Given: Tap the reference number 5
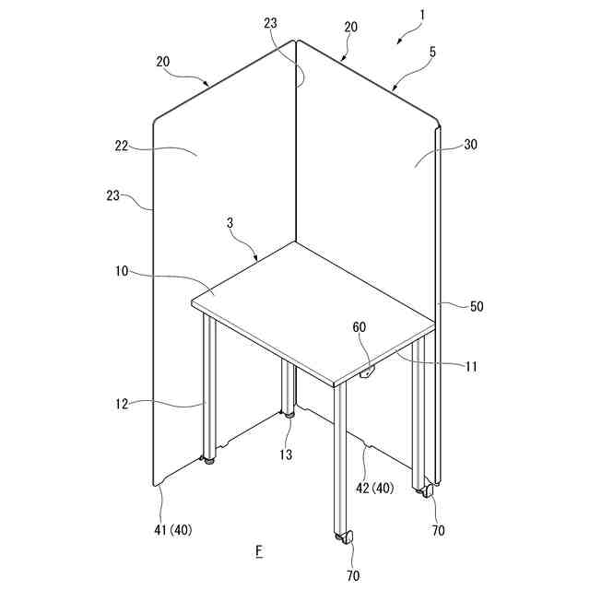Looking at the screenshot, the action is pyautogui.click(x=432, y=53).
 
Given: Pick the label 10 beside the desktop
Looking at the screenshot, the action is pyautogui.click(x=125, y=271).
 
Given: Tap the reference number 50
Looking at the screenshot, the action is pyautogui.click(x=477, y=306).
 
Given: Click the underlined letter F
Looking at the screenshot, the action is pyautogui.click(x=259, y=551).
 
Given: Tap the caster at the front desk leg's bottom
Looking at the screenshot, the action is pyautogui.click(x=344, y=537).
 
